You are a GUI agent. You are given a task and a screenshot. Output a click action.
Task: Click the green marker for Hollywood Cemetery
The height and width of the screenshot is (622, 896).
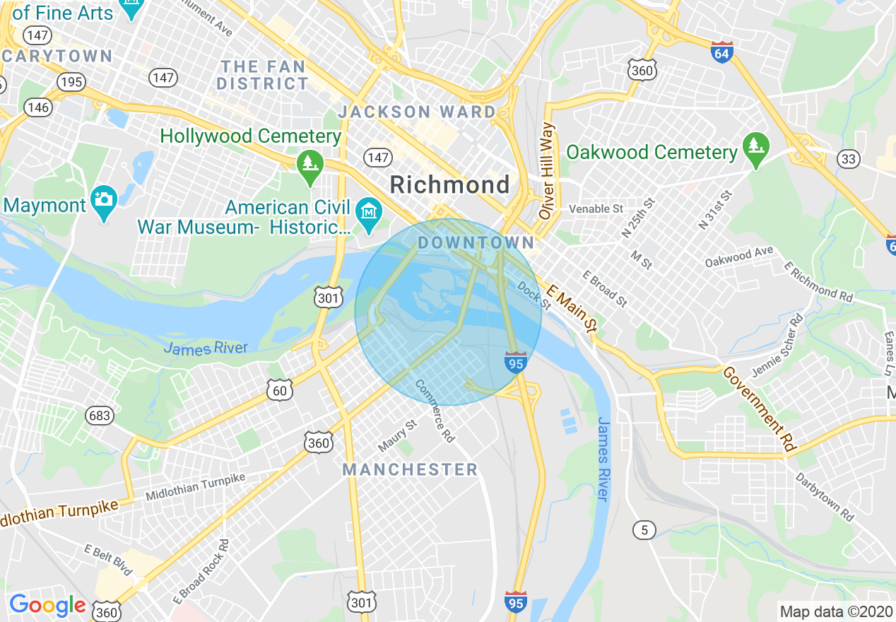(x=310, y=165)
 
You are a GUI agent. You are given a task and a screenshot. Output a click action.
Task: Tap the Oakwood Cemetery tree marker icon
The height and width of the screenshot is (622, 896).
(x=755, y=148)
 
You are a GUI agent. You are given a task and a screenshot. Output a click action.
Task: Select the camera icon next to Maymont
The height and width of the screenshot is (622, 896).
(x=104, y=200)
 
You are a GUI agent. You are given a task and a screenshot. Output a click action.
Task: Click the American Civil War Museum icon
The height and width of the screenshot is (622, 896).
(x=369, y=211)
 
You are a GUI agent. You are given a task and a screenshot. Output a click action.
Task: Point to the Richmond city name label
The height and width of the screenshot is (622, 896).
(x=449, y=185)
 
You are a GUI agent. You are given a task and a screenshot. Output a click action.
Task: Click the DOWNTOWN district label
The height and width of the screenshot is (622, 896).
(x=476, y=243)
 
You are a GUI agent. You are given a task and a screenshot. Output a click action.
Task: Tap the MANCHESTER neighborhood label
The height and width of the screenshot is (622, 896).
(x=410, y=469)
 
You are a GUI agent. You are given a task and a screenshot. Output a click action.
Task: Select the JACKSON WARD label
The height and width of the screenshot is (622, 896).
(x=417, y=112)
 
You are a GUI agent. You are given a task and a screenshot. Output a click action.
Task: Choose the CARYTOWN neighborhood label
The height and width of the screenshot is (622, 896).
(x=58, y=56)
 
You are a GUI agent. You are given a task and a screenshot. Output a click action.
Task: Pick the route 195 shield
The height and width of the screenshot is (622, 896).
(x=71, y=82)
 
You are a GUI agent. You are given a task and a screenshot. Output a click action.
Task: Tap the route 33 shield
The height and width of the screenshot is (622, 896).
(x=848, y=159)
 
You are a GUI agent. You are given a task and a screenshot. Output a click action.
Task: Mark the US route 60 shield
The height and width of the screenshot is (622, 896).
(x=280, y=389)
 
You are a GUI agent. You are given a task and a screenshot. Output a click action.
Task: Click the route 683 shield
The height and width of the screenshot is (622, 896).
(x=100, y=415)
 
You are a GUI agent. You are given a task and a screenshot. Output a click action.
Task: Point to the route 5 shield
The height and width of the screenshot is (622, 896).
(x=644, y=529)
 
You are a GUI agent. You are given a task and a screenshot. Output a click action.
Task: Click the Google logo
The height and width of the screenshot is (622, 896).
(x=47, y=605)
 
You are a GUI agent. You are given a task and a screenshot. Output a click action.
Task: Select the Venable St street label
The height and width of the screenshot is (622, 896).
(x=596, y=209)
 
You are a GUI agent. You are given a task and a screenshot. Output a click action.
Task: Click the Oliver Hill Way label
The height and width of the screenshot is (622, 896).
(x=547, y=171)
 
